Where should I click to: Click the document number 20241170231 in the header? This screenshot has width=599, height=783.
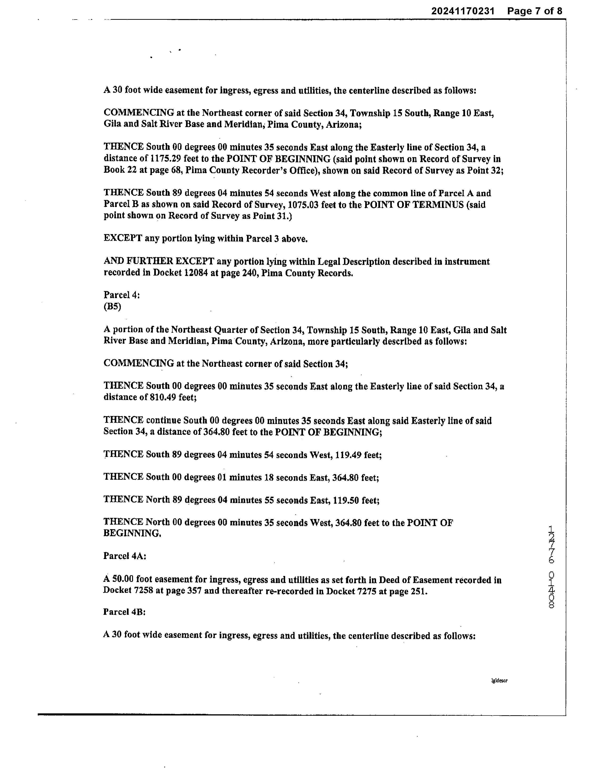(463, 11)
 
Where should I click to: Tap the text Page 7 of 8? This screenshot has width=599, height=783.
(534, 11)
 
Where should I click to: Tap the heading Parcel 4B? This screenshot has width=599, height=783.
(124, 612)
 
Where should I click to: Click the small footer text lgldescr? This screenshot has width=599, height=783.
(499, 680)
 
